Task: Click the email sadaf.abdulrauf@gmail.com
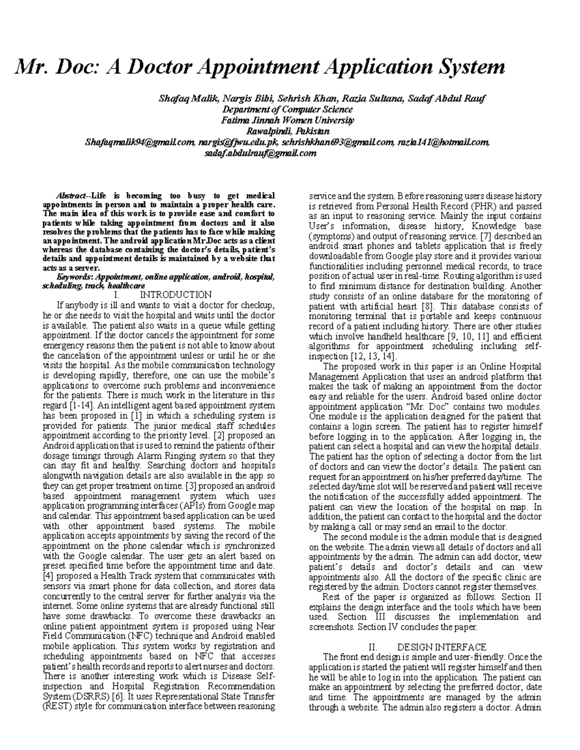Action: [x=261, y=153]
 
